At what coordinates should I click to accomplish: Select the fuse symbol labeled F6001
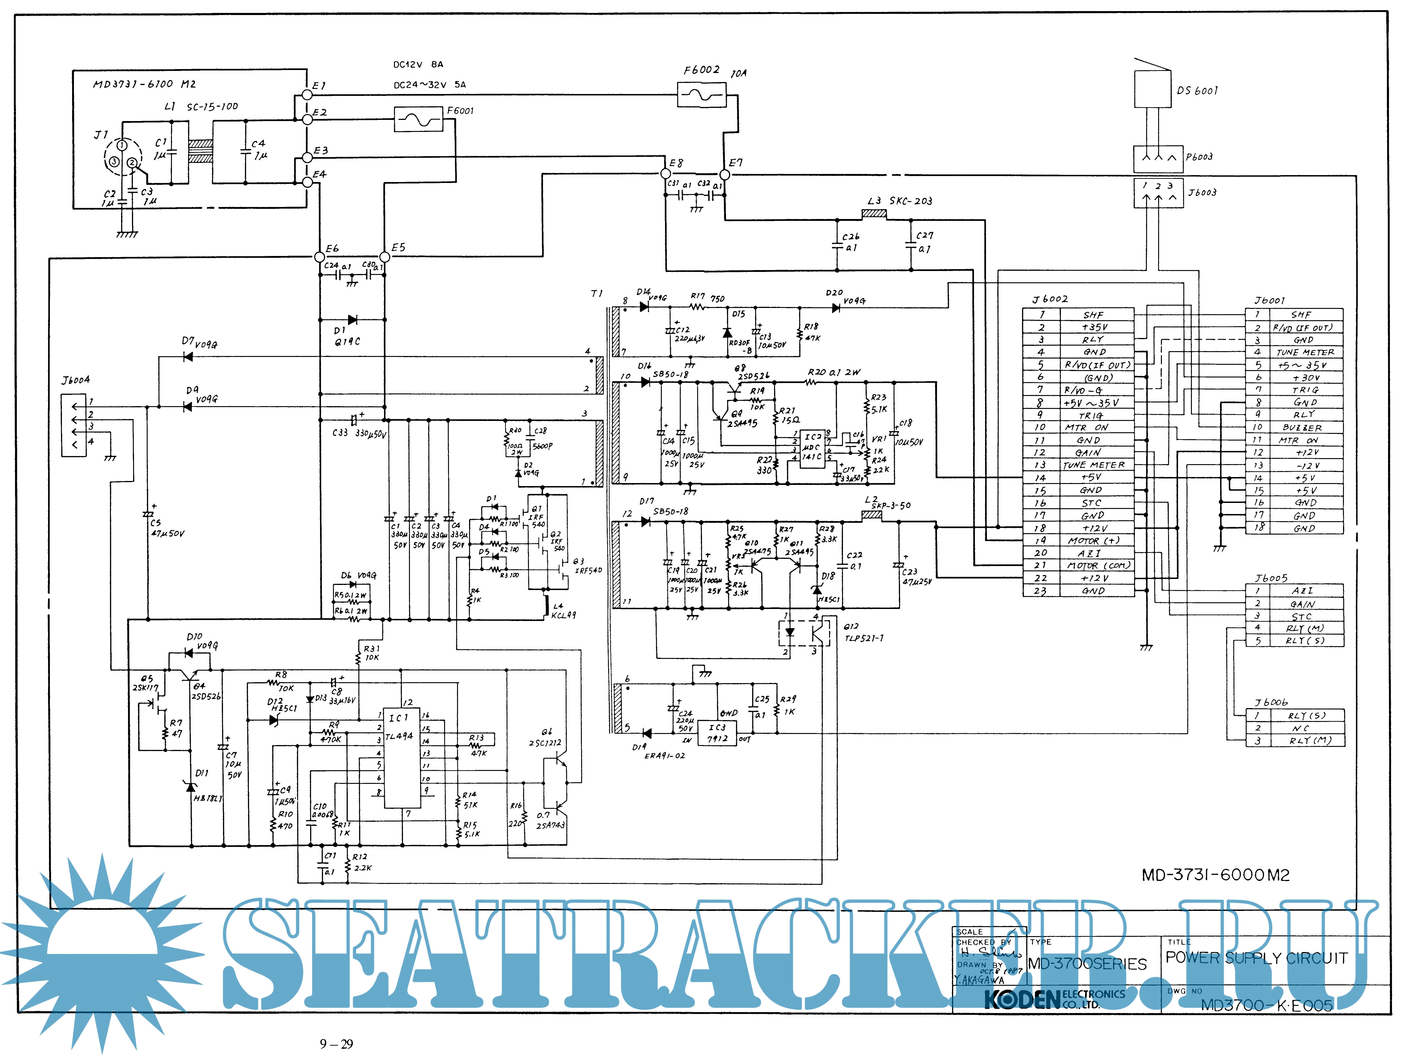418,119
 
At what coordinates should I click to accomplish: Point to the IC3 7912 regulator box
718,733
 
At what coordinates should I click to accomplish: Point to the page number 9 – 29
336,1044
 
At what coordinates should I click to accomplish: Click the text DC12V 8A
418,65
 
